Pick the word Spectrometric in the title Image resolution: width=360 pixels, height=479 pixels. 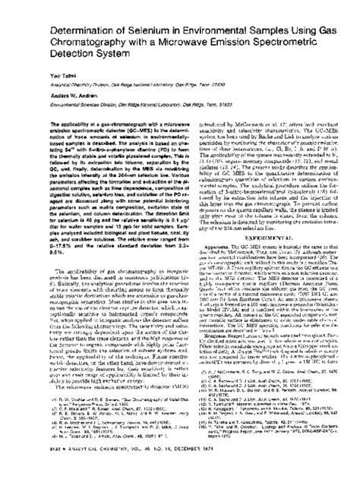(x=302, y=43)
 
